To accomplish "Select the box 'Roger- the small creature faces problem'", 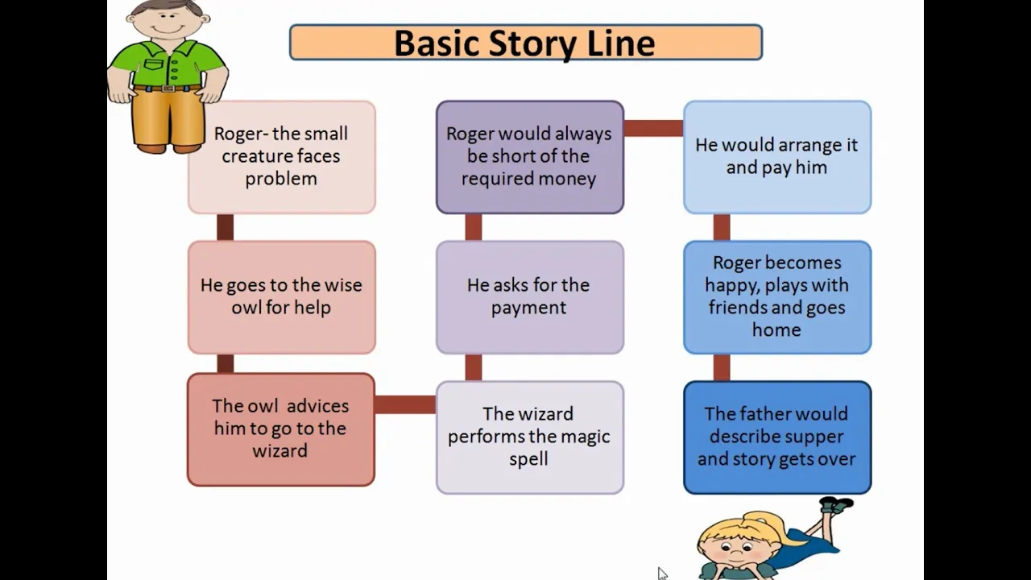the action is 282,157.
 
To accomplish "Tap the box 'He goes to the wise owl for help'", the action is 282,297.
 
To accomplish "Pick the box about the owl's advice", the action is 281,429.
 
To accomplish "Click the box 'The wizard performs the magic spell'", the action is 530,437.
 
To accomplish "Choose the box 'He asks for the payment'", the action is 530,297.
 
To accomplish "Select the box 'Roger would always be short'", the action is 530,157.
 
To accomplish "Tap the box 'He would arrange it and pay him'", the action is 777,157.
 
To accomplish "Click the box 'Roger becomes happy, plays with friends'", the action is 777,297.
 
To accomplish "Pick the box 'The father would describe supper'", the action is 777,437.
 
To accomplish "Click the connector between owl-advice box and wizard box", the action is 405,404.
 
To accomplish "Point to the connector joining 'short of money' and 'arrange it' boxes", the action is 653,128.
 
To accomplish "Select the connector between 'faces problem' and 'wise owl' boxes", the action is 225,227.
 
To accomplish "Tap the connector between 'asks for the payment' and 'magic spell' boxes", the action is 474,367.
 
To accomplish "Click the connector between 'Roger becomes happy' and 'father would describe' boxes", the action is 722,367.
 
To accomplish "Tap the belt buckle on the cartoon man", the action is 168,89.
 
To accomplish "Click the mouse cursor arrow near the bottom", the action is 662,573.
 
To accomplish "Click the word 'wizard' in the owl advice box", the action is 279,450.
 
